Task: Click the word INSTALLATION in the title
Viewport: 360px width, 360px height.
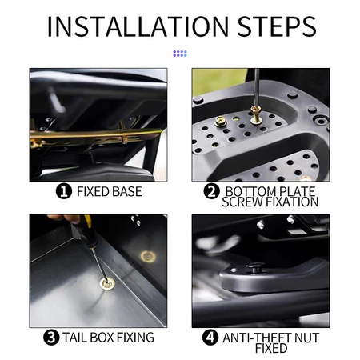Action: (138, 26)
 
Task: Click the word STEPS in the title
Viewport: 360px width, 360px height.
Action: (277, 26)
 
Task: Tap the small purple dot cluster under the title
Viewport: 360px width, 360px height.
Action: (180, 54)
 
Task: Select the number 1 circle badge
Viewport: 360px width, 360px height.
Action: (64, 191)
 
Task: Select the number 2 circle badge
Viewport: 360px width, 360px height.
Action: (211, 191)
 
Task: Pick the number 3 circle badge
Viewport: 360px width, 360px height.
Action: (51, 338)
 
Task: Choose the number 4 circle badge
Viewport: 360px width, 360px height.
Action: (210, 338)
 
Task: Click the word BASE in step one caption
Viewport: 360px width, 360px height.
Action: (127, 191)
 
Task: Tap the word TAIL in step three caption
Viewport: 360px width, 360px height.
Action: (75, 338)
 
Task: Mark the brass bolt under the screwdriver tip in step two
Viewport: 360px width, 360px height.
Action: (256, 114)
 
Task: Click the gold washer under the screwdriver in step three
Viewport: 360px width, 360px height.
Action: (107, 284)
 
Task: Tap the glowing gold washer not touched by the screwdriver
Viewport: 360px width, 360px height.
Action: (148, 257)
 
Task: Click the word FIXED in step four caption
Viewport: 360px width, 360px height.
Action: (271, 348)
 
